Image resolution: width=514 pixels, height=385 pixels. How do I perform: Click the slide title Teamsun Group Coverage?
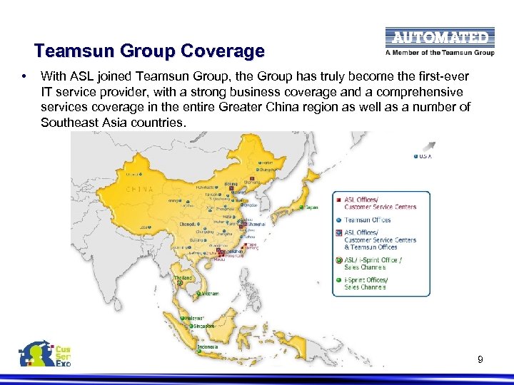pyautogui.click(x=149, y=51)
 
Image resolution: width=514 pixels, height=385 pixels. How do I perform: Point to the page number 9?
pyautogui.click(x=480, y=359)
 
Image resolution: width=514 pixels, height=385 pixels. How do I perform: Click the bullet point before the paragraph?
pyautogui.click(x=24, y=75)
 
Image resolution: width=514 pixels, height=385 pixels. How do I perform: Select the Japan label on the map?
pyautogui.click(x=312, y=207)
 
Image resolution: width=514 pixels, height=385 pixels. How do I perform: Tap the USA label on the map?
pyautogui.click(x=426, y=156)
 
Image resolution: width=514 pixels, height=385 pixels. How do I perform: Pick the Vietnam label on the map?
pyautogui.click(x=210, y=294)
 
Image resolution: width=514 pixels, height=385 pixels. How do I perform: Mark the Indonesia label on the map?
pyautogui.click(x=208, y=347)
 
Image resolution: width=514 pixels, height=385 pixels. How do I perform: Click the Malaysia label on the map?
pyautogui.click(x=193, y=317)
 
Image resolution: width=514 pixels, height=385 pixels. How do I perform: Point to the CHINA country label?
pyautogui.click(x=139, y=190)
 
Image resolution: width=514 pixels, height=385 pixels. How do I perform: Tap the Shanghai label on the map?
pyautogui.click(x=255, y=224)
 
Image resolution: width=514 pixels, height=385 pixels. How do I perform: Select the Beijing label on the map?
pyautogui.click(x=231, y=184)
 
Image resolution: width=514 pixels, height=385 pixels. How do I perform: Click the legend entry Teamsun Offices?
pyautogui.click(x=368, y=220)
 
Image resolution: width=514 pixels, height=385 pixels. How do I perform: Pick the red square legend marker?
pyautogui.click(x=338, y=200)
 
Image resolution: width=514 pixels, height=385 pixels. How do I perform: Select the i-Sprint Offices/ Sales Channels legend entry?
pyautogui.click(x=366, y=283)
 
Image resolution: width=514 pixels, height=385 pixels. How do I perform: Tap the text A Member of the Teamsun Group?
pyautogui.click(x=439, y=52)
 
